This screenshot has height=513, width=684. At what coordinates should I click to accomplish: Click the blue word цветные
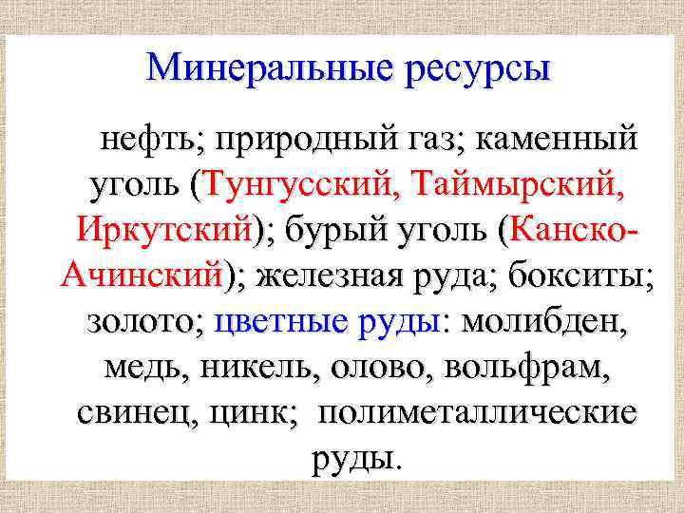[281, 322]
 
